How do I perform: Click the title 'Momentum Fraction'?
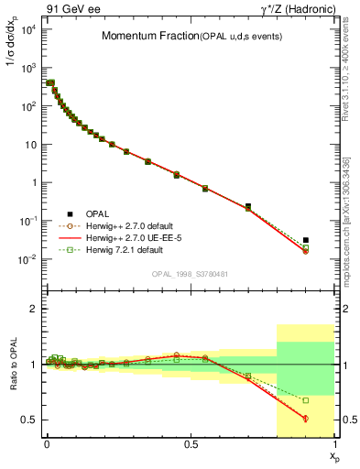point(144,36)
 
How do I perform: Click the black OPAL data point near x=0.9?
point(305,240)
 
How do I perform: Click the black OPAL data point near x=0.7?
point(247,206)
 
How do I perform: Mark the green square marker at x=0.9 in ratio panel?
point(305,400)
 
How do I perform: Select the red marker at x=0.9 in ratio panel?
point(305,418)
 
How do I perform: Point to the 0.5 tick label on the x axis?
point(190,443)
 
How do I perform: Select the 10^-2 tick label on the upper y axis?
point(27,259)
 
